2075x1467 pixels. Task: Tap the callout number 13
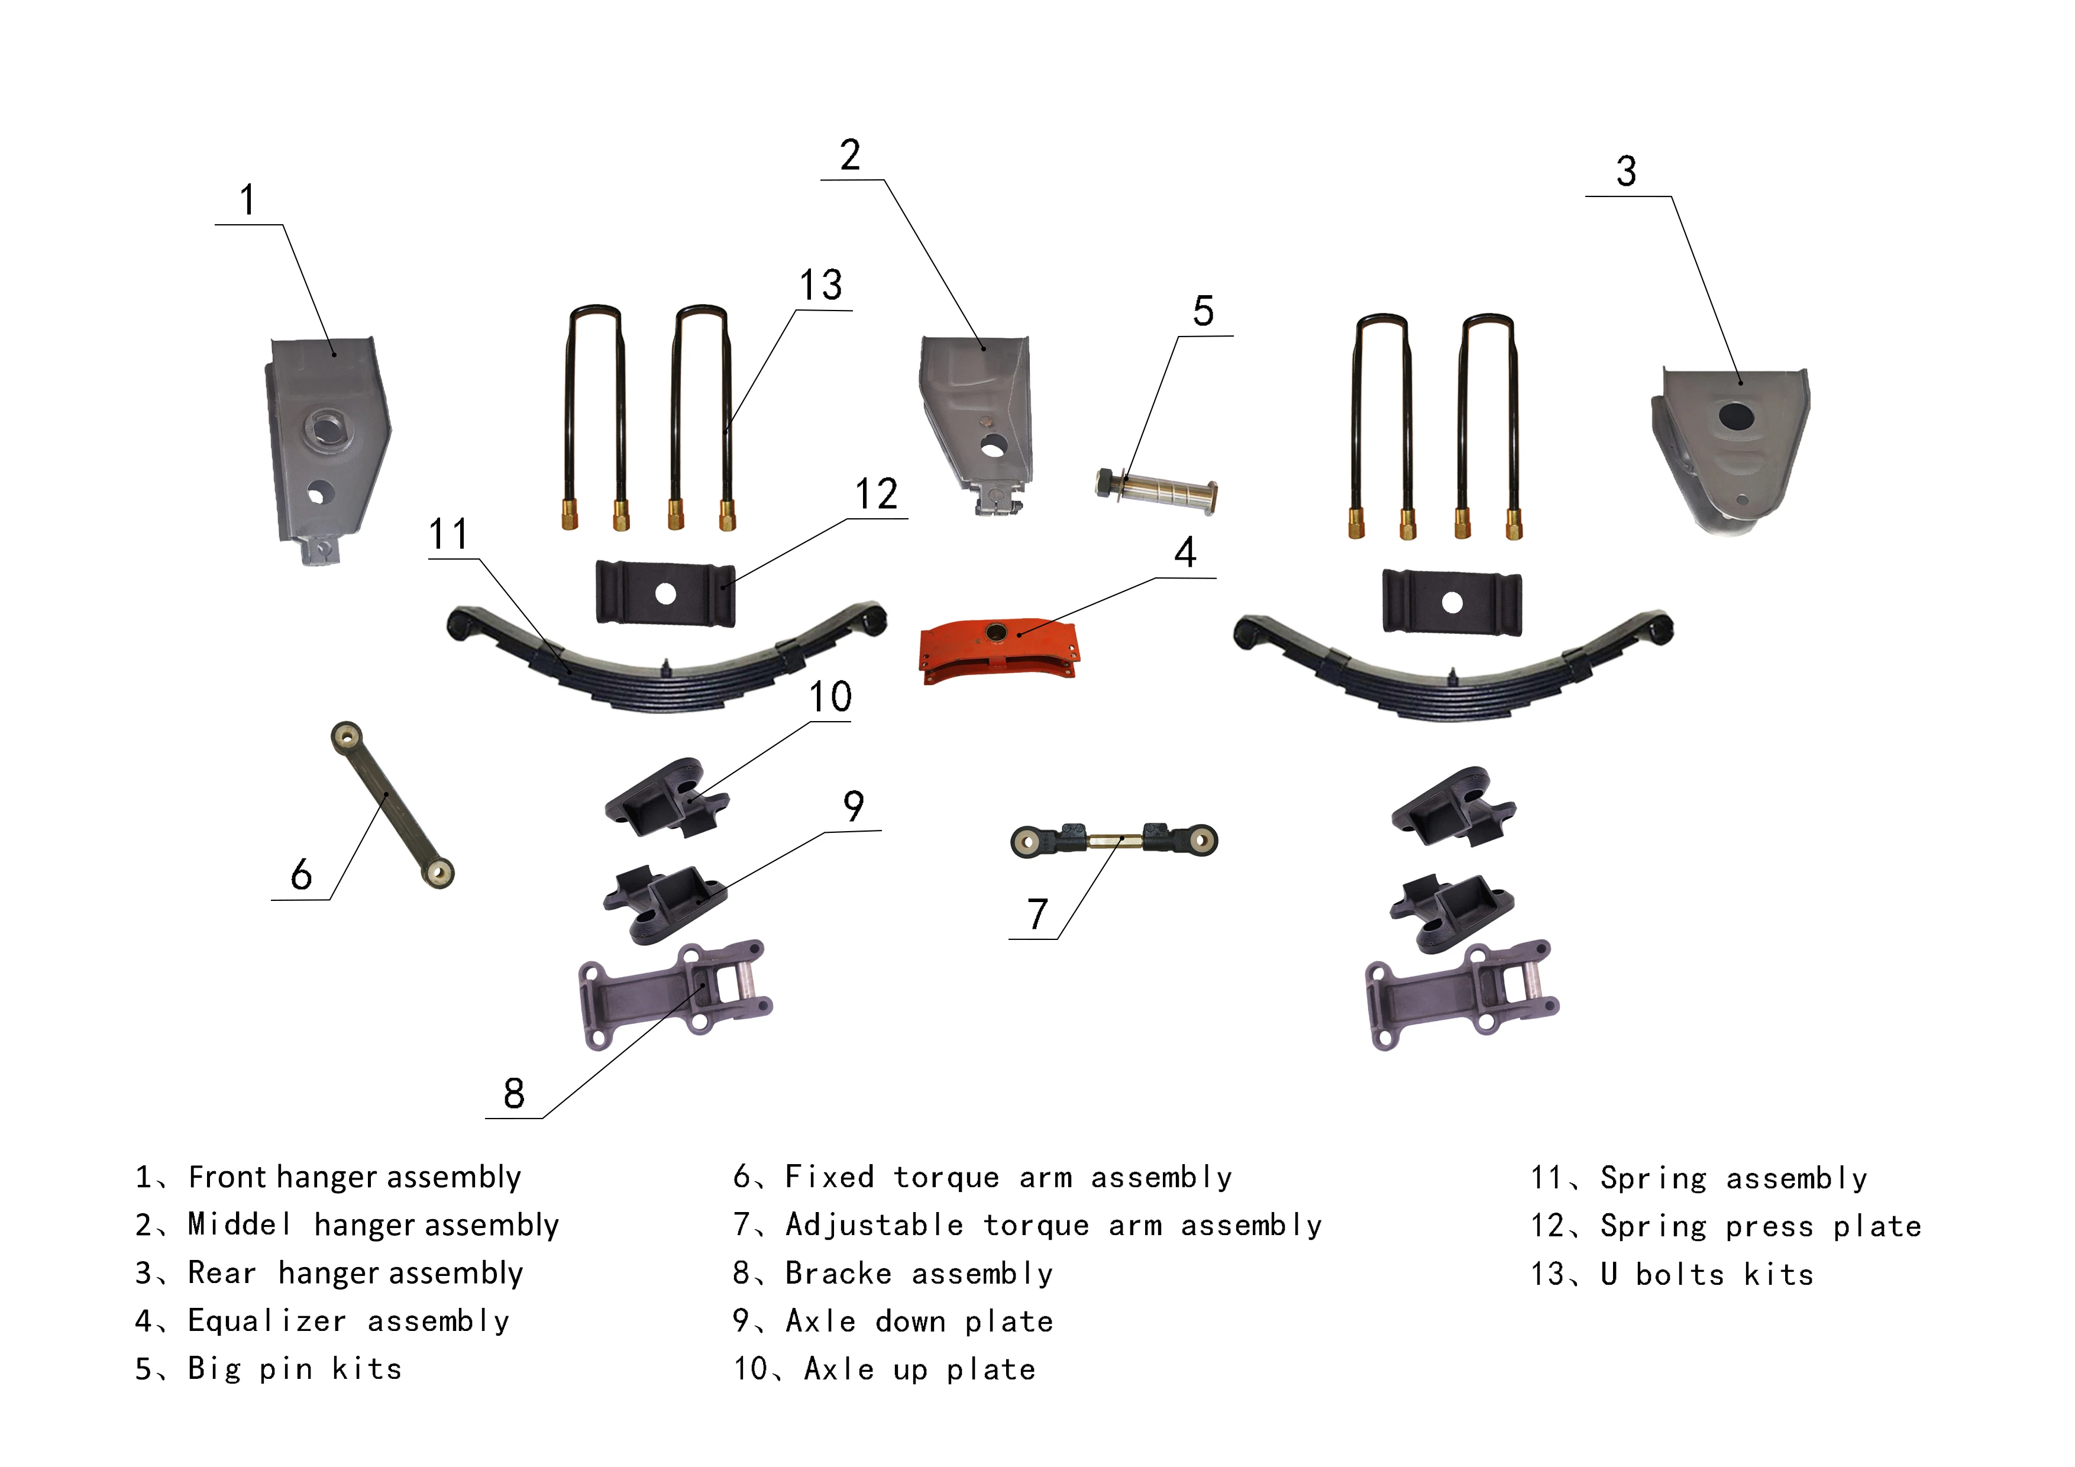[x=820, y=286]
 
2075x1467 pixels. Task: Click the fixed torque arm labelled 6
[x=392, y=803]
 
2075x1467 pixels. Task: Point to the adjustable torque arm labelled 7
[x=1113, y=841]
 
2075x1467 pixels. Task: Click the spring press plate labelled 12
[x=665, y=594]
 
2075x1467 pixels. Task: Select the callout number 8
[x=513, y=1094]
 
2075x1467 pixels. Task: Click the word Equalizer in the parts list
[x=267, y=1321]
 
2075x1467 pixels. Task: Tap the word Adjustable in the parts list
[x=874, y=1226]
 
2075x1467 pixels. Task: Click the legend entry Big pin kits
[x=294, y=1369]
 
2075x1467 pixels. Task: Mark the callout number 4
[x=1185, y=553]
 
